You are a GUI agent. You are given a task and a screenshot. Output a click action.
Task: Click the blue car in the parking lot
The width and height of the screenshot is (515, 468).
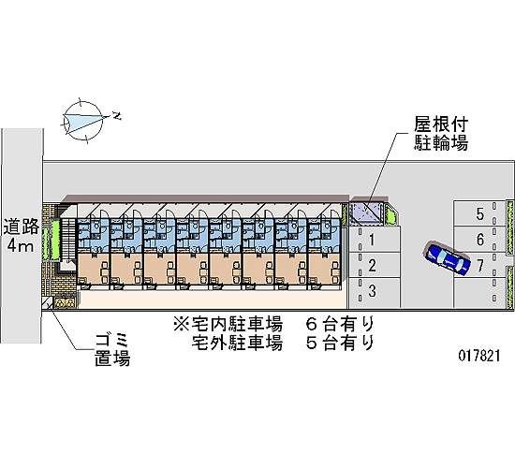pyautogui.click(x=447, y=258)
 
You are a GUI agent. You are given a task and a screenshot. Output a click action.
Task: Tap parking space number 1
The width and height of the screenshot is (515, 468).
pyautogui.click(x=375, y=239)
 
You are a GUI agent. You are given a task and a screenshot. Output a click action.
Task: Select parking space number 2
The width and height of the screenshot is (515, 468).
pyautogui.click(x=375, y=265)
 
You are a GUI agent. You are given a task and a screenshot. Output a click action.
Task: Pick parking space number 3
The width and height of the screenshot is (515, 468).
pyautogui.click(x=375, y=292)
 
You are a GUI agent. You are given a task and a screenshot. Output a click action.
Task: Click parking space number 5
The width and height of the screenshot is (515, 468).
pyautogui.click(x=479, y=212)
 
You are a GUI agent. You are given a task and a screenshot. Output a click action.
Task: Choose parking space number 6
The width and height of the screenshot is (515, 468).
pyautogui.click(x=479, y=239)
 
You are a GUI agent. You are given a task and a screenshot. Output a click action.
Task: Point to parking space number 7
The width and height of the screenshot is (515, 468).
pyautogui.click(x=479, y=265)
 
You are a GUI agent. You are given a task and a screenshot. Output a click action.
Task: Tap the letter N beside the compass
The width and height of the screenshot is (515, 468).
pyautogui.click(x=117, y=116)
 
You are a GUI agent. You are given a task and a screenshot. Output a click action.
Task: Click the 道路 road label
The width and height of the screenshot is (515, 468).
pyautogui.click(x=22, y=227)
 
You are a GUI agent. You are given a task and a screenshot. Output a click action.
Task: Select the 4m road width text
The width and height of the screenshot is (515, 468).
pyautogui.click(x=21, y=244)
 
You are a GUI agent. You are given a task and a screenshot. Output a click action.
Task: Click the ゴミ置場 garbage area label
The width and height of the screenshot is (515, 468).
pyautogui.click(x=112, y=350)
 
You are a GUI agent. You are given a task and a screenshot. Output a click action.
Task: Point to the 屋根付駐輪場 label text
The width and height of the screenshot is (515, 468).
pyautogui.click(x=440, y=134)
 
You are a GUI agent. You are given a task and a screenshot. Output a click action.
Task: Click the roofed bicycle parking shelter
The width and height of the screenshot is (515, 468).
pyautogui.click(x=366, y=213)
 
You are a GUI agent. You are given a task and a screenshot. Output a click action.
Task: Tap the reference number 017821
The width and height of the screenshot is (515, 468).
pyautogui.click(x=479, y=356)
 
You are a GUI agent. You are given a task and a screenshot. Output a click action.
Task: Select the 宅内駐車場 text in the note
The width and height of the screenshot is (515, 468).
pyautogui.click(x=237, y=324)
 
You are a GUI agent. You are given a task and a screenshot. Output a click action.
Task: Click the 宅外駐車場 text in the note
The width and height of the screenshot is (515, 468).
pyautogui.click(x=237, y=343)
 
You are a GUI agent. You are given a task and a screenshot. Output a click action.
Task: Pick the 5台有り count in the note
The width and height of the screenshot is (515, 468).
pyautogui.click(x=340, y=343)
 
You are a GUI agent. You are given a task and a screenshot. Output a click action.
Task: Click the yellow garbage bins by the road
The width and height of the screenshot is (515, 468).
pyautogui.click(x=65, y=303)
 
